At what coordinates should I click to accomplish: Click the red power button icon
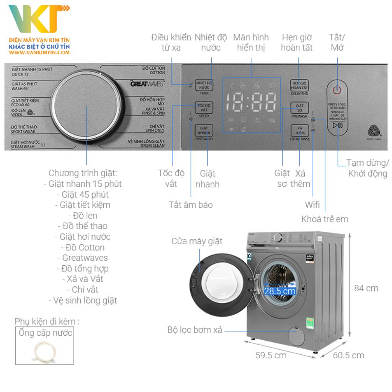[337, 90]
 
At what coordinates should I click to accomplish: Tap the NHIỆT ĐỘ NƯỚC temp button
[204, 85]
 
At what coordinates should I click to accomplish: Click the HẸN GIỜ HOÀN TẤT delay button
[299, 85]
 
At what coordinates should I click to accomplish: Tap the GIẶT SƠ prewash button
[299, 108]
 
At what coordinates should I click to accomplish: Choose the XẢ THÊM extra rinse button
[299, 131]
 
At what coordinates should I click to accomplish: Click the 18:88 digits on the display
[251, 102]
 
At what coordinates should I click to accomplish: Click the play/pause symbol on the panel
[337, 125]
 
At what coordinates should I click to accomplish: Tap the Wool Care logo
[375, 131]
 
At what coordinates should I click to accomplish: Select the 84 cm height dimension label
[366, 288]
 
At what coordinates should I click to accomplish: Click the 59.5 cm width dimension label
[271, 355]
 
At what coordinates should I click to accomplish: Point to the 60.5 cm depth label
[348, 355]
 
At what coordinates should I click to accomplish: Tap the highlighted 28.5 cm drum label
[280, 291]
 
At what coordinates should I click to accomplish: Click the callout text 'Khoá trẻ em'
[325, 219]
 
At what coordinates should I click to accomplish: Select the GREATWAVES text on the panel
[147, 83]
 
